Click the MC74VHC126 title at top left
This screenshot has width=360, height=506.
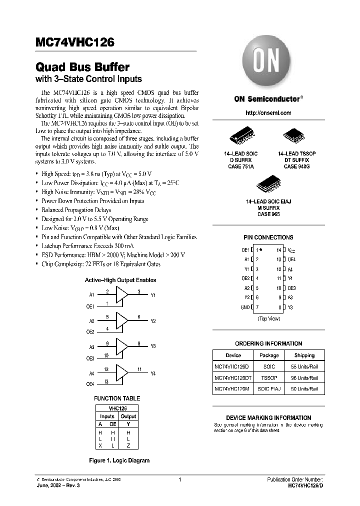74,43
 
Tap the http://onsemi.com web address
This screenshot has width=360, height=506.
268,113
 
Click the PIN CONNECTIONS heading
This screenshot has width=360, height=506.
268,237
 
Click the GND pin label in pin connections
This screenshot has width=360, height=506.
245,307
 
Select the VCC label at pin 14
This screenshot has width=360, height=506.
291,249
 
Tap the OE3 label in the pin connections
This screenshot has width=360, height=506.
292,288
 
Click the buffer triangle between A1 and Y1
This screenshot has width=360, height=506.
121,295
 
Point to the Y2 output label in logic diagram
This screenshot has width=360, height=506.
153,321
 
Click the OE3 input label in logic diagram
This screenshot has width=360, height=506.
90,358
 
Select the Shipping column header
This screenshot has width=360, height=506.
304,355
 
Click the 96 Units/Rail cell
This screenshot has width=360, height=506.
304,378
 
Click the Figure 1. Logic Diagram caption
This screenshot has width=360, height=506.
119,460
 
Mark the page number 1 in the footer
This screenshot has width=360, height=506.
179,479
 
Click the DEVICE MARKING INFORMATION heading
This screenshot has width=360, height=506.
268,417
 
